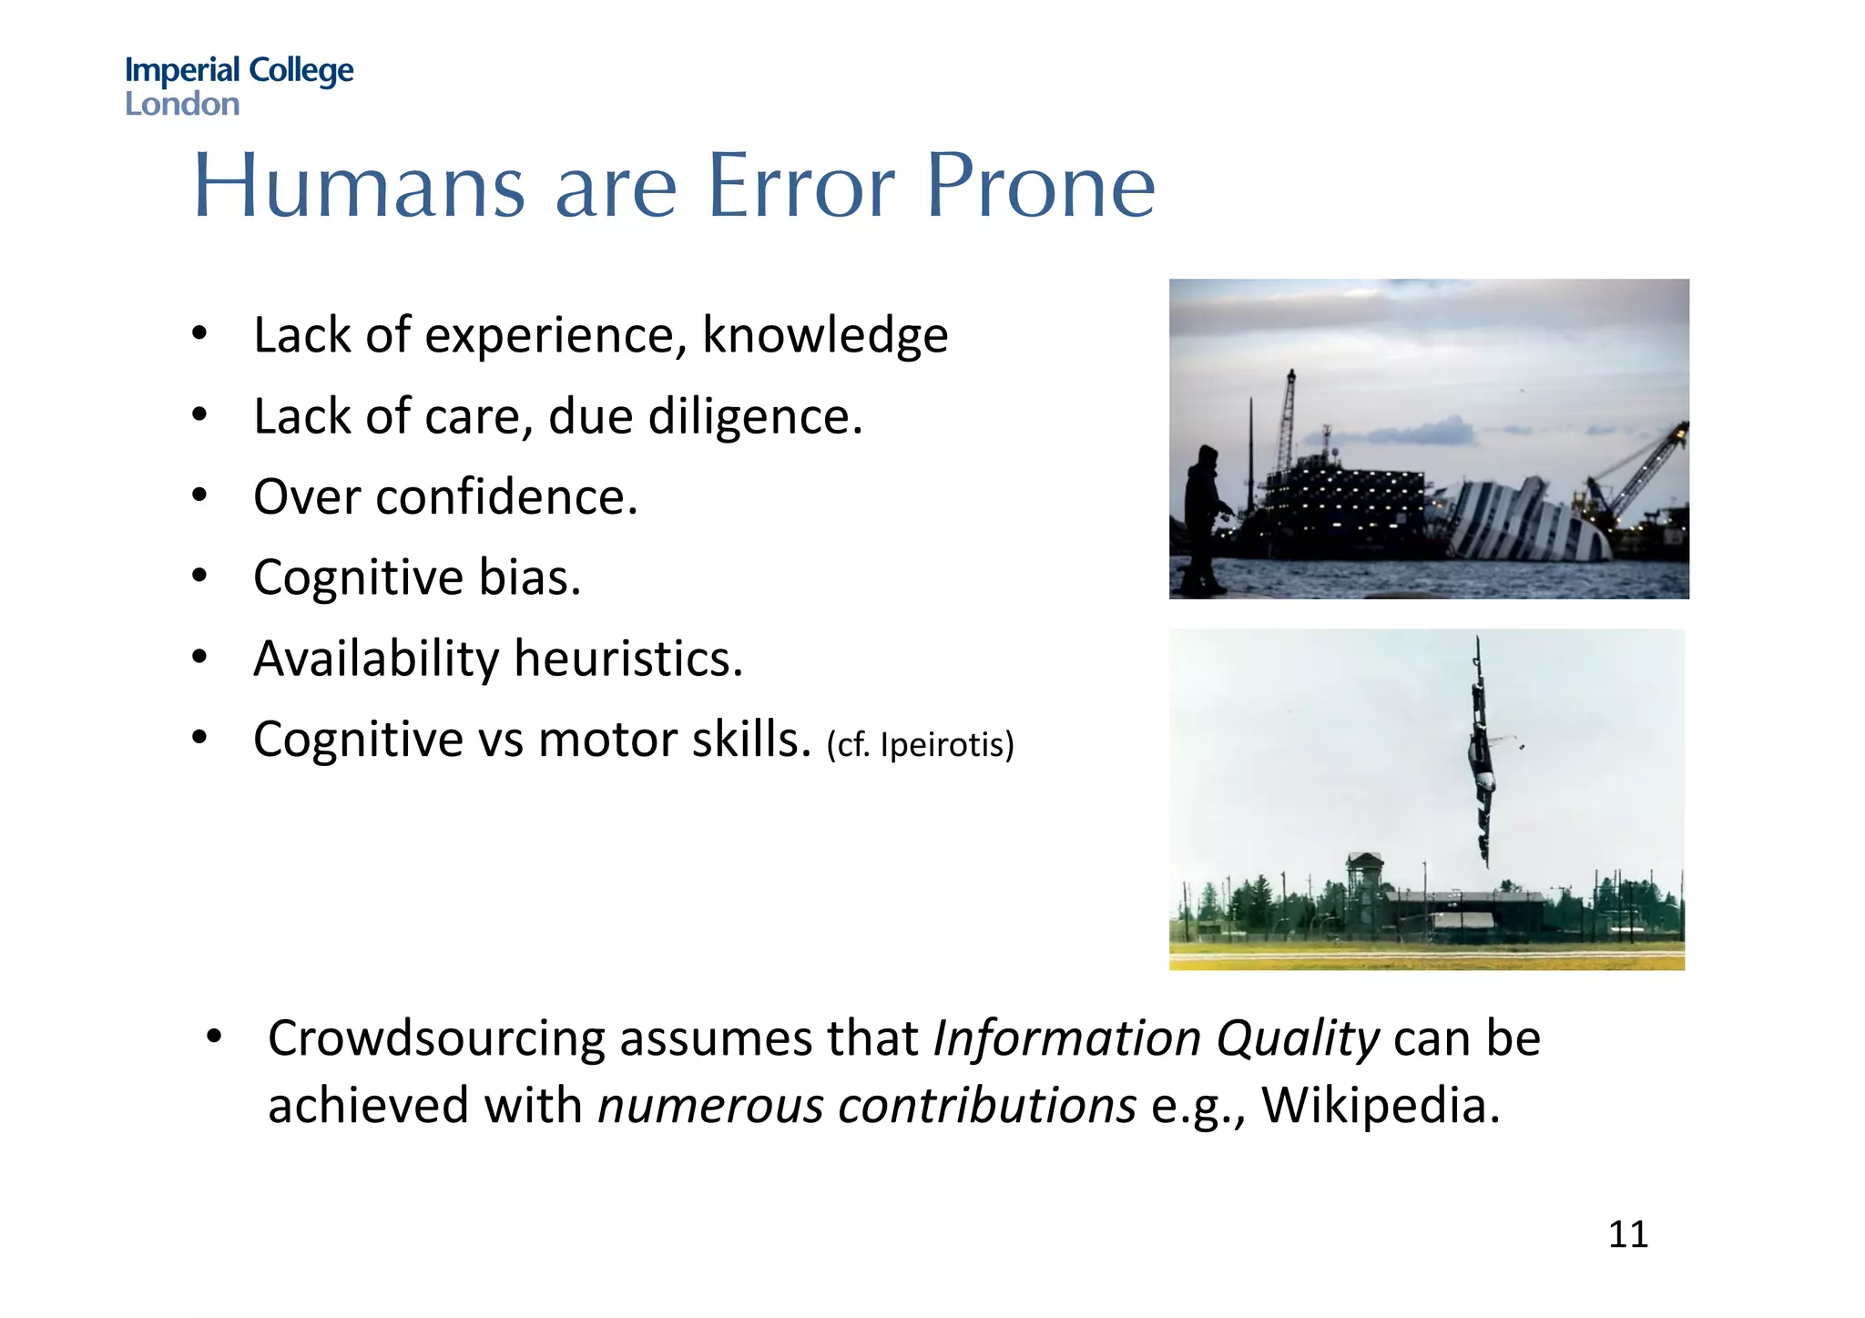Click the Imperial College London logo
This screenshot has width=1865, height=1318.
tap(239, 86)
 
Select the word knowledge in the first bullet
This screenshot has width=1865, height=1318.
tap(824, 336)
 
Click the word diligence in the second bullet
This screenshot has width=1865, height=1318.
tap(754, 417)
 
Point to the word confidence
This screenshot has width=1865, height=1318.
tap(505, 498)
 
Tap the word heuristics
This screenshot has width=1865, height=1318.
tap(628, 659)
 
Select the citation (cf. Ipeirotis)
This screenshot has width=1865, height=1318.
tap(920, 745)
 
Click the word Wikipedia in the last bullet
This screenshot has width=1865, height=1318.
tap(1380, 1106)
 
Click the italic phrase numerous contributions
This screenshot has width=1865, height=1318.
tap(867, 1106)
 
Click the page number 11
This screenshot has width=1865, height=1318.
tap(1628, 1235)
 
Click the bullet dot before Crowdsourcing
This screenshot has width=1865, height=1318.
tap(214, 1037)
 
